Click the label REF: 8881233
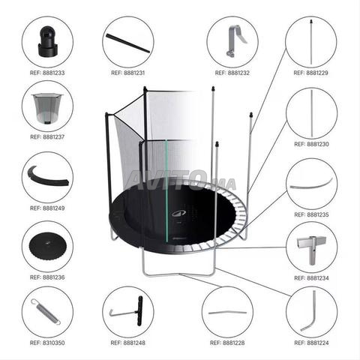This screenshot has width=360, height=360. click(x=47, y=73)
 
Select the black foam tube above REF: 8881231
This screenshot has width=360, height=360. click(x=128, y=43)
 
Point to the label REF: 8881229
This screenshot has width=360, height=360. click(x=310, y=73)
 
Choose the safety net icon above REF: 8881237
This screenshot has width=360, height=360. click(x=47, y=108)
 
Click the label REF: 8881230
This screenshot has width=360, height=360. click(x=311, y=144)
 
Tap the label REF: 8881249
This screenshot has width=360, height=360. click(x=47, y=208)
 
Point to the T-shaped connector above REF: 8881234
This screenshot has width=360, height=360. click(x=311, y=248)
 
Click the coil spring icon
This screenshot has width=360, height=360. click(x=46, y=312)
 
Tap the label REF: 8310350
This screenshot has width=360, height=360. click(x=47, y=343)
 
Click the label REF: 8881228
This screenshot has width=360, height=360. click(x=227, y=343)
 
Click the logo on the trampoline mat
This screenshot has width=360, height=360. click(x=179, y=213)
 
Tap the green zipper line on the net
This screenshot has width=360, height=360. click(x=166, y=190)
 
